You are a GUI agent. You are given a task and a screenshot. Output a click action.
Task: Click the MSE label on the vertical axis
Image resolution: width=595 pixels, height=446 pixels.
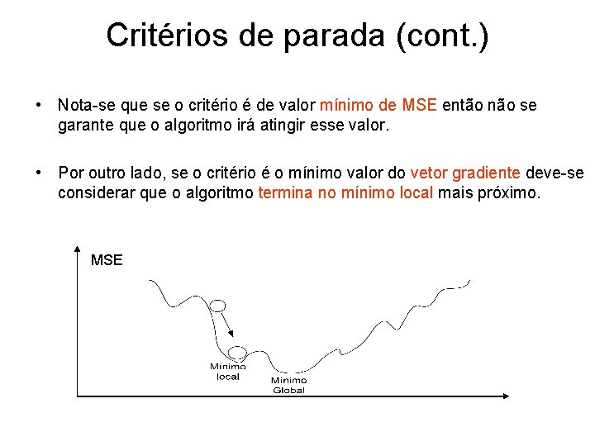(107, 260)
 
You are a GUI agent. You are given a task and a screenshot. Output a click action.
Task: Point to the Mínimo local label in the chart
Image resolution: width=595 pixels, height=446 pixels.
(227, 372)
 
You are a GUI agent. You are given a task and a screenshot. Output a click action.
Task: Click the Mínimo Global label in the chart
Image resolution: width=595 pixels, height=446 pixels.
(289, 385)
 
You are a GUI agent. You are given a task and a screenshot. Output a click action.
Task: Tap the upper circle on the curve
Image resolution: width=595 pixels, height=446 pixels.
(217, 306)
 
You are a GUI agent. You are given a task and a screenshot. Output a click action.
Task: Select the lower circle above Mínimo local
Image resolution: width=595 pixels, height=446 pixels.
(238, 353)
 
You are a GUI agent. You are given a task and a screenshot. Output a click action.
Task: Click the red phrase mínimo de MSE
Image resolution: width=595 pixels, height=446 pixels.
(379, 105)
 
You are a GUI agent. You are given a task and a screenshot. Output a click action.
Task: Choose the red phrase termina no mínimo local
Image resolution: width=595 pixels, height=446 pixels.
(345, 192)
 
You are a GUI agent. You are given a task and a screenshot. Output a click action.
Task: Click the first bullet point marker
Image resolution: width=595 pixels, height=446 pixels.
(38, 106)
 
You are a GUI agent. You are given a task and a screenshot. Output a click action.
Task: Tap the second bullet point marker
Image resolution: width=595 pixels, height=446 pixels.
(38, 173)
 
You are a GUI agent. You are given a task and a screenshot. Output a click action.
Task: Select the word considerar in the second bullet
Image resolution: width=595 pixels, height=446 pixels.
(93, 192)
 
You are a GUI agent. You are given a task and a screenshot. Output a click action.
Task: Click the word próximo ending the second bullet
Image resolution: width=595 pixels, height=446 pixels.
(511, 192)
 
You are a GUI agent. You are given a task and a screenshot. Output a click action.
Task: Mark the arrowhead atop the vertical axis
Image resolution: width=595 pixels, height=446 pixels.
(76, 248)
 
